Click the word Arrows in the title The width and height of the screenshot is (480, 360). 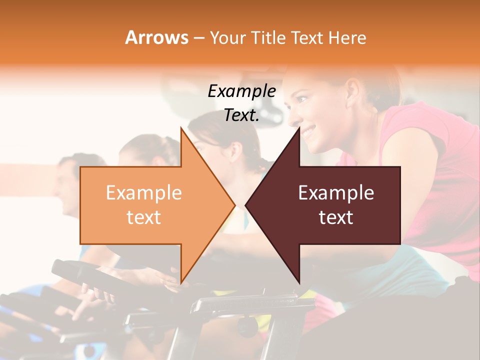156,37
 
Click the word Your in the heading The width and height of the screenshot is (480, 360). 228,38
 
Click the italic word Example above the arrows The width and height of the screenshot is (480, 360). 242,91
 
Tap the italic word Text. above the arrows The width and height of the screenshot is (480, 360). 242,115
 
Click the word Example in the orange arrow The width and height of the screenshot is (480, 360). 144,193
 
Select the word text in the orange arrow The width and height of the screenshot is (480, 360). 144,217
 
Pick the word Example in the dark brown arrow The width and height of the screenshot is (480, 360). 336,193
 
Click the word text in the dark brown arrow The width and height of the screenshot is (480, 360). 336,217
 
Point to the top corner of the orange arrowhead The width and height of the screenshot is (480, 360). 181,128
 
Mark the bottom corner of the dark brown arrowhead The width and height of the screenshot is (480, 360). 299,282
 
